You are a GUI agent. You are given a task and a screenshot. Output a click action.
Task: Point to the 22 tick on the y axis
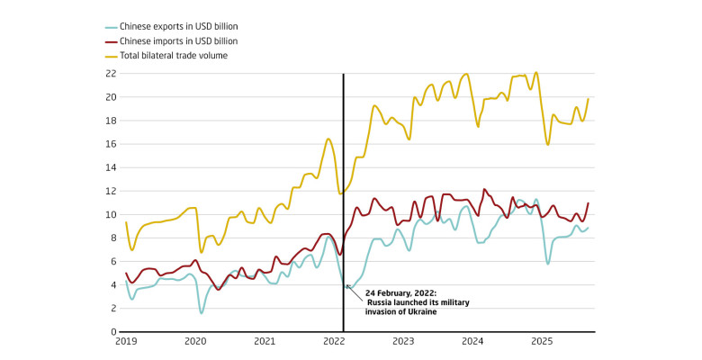112,74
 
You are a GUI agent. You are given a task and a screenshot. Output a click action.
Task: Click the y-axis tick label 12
112,191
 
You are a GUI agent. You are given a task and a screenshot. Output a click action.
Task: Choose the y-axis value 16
112,144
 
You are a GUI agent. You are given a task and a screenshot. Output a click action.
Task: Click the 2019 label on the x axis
126,343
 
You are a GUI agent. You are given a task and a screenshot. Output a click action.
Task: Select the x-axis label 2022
334,343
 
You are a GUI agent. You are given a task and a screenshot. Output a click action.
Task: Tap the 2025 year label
541,343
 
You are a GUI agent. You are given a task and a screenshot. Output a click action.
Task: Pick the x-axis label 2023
403,343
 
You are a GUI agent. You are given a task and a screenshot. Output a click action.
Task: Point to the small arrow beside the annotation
352,287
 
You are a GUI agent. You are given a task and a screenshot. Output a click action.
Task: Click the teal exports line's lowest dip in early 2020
201,312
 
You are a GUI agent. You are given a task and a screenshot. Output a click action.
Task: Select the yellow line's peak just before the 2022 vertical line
329,139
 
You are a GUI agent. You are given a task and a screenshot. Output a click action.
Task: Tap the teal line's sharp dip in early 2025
548,263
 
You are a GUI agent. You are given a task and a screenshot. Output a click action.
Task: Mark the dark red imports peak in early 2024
484,190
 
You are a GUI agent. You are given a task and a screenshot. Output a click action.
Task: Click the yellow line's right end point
589,99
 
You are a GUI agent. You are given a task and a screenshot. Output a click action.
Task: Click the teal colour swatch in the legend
112,27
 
